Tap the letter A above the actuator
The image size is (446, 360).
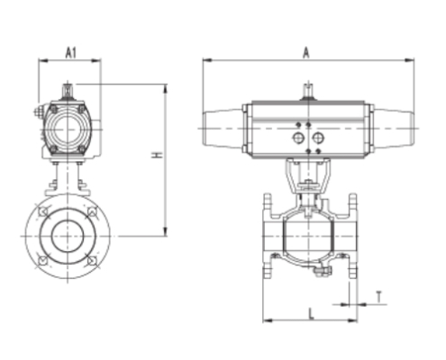click(306, 53)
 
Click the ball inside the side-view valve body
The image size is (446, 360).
click(305, 237)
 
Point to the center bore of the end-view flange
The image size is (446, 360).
click(66, 236)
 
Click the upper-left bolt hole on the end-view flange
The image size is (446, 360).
click(41, 213)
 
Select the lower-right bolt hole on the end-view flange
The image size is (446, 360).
click(91, 261)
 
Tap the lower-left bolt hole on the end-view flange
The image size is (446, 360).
click(41, 261)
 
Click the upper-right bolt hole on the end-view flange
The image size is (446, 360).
click(91, 213)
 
